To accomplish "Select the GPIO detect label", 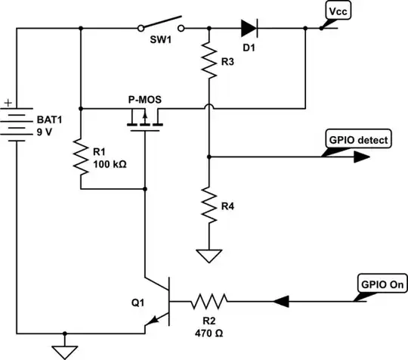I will (358, 140).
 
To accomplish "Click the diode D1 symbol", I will (250, 29).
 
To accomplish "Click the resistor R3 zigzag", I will (208, 60).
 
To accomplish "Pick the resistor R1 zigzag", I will (80, 160).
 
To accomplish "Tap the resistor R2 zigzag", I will (207, 302).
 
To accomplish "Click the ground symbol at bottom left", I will (65, 349).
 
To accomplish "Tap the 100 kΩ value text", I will (111, 163).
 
